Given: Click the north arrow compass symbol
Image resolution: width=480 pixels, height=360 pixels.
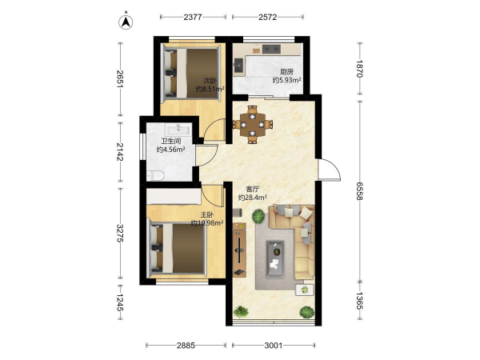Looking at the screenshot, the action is click(126, 22).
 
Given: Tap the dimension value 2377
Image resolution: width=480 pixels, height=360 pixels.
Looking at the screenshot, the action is click(193, 17).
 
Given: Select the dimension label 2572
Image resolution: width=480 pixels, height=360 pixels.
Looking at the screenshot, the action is click(267, 17).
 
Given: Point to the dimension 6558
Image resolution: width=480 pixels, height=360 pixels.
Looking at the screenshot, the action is click(359, 191).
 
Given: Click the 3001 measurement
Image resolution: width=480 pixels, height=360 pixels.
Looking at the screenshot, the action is click(274, 346).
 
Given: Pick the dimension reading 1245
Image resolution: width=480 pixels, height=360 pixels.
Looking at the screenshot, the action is click(120, 302).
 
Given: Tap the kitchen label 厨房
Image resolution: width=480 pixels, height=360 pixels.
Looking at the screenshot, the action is click(287, 72).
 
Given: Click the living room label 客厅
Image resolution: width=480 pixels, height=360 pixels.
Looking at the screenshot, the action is click(253, 189).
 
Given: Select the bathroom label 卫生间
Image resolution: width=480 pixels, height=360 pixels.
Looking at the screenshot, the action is click(171, 141).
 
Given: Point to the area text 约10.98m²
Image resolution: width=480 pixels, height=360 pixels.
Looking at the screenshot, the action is click(207, 223).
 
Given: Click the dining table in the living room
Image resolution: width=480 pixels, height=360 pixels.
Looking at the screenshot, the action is click(253, 125).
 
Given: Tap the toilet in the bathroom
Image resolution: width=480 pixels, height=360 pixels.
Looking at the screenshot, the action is click(156, 175).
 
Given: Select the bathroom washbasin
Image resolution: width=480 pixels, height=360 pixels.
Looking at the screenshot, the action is click(178, 130).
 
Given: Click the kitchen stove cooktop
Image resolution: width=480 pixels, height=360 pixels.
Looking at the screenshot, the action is click(271, 49).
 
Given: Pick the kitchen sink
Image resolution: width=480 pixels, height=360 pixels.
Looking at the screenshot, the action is click(238, 66).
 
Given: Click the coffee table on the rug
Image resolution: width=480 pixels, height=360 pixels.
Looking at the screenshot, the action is click(275, 259).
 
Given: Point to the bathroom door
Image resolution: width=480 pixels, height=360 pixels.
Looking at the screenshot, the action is click(207, 155).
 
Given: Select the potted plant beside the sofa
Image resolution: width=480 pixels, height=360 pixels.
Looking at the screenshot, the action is click(258, 216).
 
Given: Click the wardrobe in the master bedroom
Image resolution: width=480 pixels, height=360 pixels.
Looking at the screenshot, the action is click(174, 196).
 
